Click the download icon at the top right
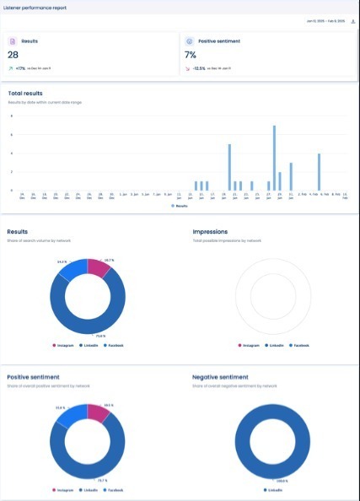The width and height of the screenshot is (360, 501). coord(352,20)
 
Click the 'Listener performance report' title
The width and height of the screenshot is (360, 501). coord(34,7)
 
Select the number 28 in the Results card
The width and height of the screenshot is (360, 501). coord(13,55)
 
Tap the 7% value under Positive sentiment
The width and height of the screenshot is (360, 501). coord(191,55)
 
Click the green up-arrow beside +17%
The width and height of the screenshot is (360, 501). coord(9,69)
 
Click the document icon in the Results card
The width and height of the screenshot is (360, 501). coord(13,40)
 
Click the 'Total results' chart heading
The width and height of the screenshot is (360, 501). coord(25,93)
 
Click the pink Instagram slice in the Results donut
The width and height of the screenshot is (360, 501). coord(99,267)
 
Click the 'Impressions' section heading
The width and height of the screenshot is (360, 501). coord(210,231)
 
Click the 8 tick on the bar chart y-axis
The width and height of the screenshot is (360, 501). coord(12,116)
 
